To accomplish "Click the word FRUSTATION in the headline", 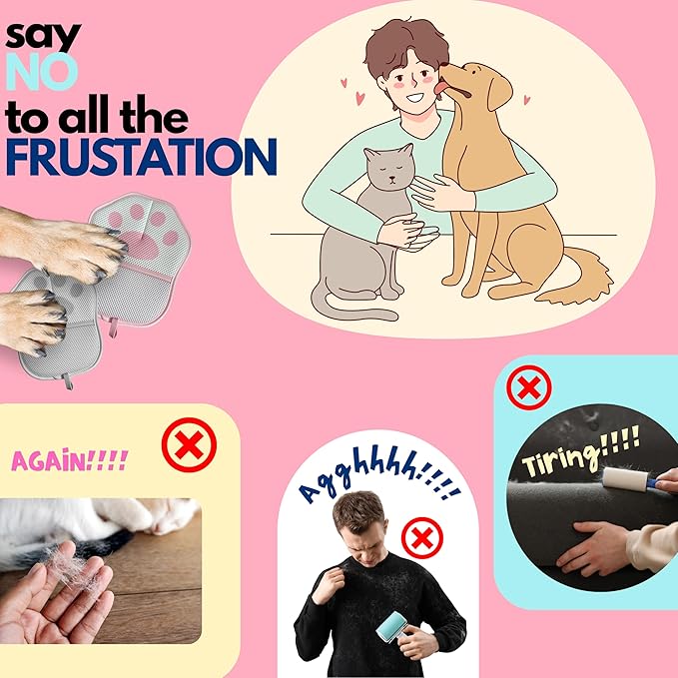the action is [x=141, y=157].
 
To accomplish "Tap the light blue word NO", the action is [x=42, y=72].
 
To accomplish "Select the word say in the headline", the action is [x=43, y=36].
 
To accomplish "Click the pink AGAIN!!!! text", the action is [x=70, y=460].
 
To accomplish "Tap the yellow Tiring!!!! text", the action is [x=580, y=450].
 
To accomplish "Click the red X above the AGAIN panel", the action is [x=189, y=444].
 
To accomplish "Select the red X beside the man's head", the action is [x=422, y=538].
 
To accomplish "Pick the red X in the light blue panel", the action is [x=529, y=387].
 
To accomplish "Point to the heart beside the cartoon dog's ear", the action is [x=526, y=100].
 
